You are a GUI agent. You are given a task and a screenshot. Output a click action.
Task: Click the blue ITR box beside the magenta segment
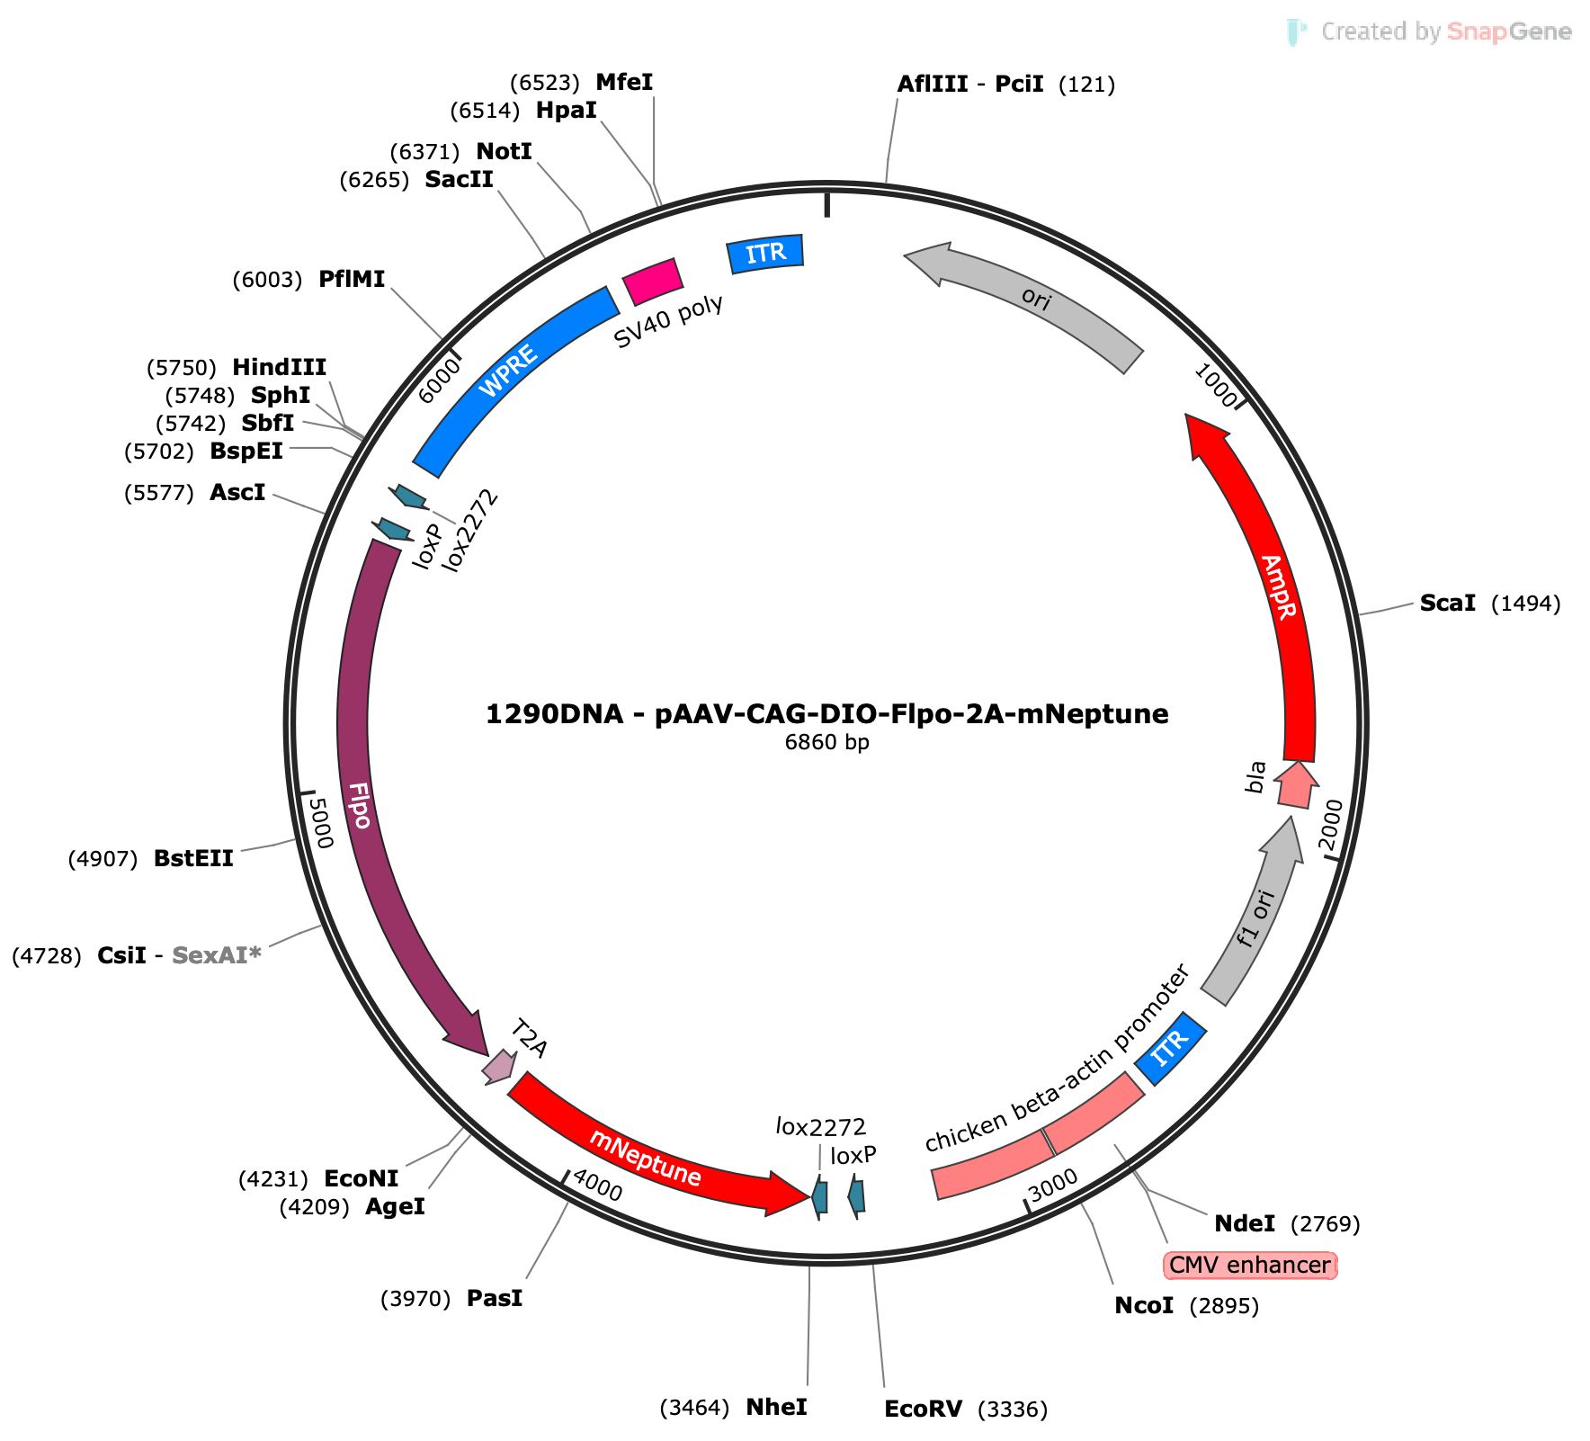[x=765, y=254]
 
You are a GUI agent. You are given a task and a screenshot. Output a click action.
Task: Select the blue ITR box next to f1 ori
[x=1170, y=1049]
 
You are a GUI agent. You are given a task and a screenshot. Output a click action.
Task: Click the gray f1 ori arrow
[x=1255, y=917]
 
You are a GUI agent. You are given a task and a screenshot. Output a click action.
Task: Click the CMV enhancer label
[x=1250, y=1266]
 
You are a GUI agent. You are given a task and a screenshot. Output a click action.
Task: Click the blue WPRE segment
[x=508, y=371]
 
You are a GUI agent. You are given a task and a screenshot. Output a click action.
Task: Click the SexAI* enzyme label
[x=216, y=955]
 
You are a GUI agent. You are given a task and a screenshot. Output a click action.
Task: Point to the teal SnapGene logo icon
[x=1296, y=32]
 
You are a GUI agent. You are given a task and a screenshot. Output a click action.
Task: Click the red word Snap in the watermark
[x=1477, y=32]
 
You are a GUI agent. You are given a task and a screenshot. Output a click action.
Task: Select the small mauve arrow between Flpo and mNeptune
[x=499, y=1066]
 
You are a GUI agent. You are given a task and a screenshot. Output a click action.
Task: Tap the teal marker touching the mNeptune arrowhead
[x=819, y=1197]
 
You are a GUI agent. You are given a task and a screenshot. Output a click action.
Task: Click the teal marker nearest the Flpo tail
[x=393, y=529]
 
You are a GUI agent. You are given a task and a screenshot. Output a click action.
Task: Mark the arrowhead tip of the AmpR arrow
[x=1189, y=418]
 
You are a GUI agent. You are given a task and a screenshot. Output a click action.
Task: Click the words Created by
[x=1381, y=32]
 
